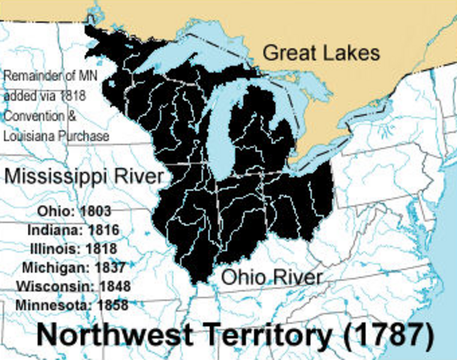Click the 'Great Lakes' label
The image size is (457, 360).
click(321, 53)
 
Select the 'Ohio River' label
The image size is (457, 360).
click(272, 277)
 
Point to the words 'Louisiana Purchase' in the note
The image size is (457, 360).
click(56, 136)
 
